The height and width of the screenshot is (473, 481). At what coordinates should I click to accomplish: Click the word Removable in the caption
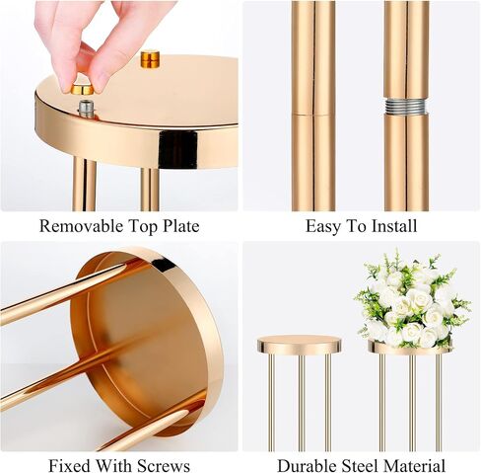pyautogui.click(x=81, y=226)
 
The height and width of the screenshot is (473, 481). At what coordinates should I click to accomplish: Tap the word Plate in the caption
pyautogui.click(x=181, y=226)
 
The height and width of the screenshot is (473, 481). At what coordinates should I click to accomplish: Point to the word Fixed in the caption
pyautogui.click(x=70, y=466)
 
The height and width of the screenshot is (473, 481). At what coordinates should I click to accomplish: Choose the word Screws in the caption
pyautogui.click(x=164, y=466)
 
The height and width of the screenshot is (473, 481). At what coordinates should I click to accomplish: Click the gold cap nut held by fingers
pyautogui.click(x=82, y=89)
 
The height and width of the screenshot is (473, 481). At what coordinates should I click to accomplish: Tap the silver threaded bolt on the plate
pyautogui.click(x=86, y=109)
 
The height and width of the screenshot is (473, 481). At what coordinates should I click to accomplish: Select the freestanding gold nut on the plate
pyautogui.click(x=150, y=59)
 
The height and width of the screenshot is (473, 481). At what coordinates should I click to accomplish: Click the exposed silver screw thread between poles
pyautogui.click(x=406, y=106)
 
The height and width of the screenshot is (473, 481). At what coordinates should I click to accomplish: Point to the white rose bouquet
pyautogui.click(x=413, y=301)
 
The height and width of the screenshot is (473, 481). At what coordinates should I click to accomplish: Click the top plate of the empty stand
pyautogui.click(x=299, y=345)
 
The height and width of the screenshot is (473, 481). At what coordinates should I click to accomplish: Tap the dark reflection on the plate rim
pyautogui.click(x=178, y=148)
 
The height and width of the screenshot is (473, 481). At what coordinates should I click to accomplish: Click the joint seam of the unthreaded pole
pyautogui.click(x=312, y=115)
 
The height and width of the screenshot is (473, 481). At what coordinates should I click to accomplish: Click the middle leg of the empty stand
pyautogui.click(x=302, y=403)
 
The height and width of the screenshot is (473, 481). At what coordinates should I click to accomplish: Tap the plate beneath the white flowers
pyautogui.click(x=410, y=348)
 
